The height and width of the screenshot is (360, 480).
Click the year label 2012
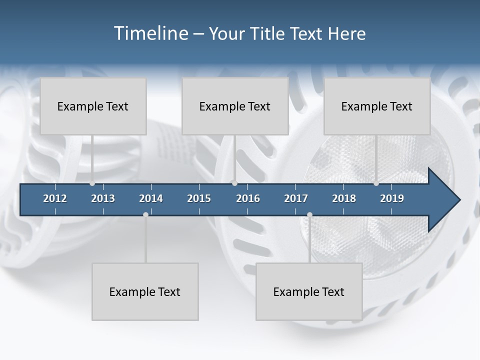[55, 198]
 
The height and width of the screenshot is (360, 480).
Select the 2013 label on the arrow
[103, 198]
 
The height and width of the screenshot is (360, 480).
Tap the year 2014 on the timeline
[151, 198]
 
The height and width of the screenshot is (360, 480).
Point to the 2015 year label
[199, 198]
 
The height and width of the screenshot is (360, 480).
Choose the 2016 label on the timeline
[248, 198]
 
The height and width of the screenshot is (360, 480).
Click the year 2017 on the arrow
[296, 198]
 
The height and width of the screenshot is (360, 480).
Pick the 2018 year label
[344, 198]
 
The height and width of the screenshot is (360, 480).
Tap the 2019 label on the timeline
[392, 198]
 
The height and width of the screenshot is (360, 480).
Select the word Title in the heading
[268, 33]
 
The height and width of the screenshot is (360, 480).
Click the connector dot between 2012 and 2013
[92, 183]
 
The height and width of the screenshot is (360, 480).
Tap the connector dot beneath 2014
[145, 214]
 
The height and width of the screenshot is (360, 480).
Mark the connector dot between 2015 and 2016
[234, 183]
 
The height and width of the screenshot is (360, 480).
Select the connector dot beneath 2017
[309, 214]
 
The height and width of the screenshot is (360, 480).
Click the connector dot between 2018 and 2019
[376, 183]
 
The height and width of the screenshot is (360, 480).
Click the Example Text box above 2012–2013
[93, 106]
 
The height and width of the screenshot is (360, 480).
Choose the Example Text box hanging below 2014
[145, 291]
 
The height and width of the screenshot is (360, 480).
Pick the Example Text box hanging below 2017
[309, 291]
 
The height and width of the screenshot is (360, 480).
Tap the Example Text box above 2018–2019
[377, 106]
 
